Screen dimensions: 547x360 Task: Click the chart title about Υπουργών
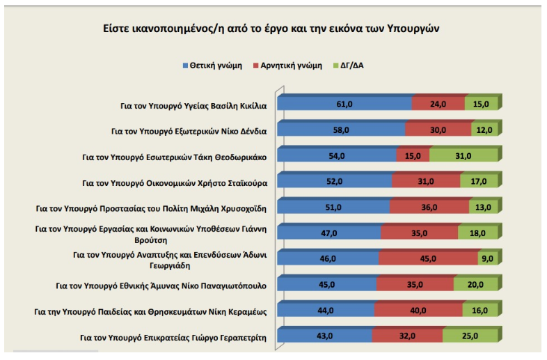271,29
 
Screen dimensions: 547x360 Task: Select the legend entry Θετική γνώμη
212,65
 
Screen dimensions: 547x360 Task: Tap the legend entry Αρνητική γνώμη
288,65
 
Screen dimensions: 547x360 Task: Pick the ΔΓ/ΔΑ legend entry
349,65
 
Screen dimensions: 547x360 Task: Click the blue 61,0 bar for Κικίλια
344,104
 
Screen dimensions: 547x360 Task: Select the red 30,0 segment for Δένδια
438,130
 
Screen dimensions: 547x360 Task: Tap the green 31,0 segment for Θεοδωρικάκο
463,156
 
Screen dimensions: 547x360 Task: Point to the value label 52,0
334,182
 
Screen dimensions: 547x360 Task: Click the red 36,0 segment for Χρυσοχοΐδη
429,208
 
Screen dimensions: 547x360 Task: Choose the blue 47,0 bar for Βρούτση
329,233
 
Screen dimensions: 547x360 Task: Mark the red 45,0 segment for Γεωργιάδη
428,259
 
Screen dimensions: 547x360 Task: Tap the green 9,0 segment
488,259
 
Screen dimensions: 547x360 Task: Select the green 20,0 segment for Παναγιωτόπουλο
475,285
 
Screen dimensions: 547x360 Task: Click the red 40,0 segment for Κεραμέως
418,311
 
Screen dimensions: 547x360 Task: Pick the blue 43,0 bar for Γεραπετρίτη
324,336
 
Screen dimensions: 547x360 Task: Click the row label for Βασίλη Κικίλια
193,106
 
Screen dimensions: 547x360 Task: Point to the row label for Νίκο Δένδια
189,132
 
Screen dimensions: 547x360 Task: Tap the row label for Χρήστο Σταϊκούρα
175,183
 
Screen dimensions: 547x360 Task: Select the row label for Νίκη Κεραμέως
150,311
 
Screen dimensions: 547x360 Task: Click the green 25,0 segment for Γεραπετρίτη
470,336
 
